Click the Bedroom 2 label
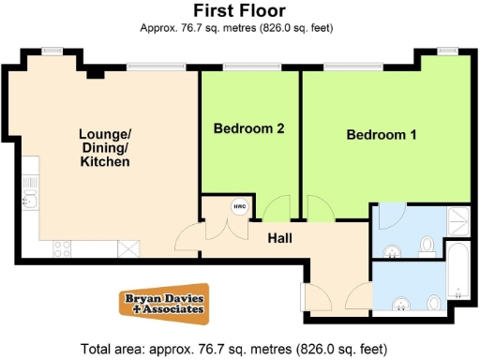pos(248,128)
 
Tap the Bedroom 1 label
pos(382,135)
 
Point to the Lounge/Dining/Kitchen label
pos(104,147)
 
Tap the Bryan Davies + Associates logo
pos(164,303)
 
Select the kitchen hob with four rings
pos(64,248)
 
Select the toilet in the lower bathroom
pos(434,303)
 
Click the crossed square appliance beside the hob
pos(127,248)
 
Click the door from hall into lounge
pos(188,237)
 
